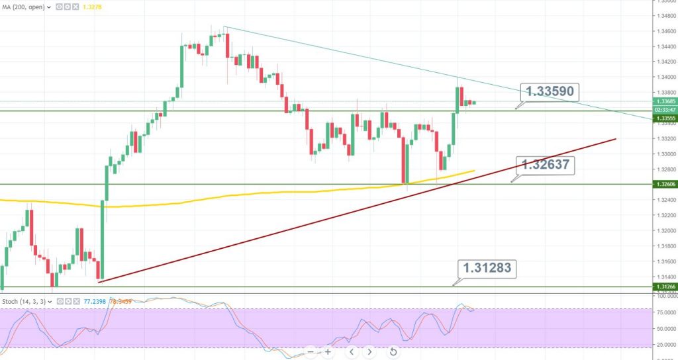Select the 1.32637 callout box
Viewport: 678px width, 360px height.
pyautogui.click(x=544, y=165)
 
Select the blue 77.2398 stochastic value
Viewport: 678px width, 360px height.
pyautogui.click(x=94, y=301)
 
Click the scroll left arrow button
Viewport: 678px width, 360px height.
pyautogui.click(x=352, y=351)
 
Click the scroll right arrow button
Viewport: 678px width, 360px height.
pyautogui.click(x=370, y=351)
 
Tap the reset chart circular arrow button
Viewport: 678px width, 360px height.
pyautogui.click(x=393, y=351)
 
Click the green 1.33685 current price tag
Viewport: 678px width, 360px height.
pyautogui.click(x=663, y=101)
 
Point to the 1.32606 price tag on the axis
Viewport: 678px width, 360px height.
pyautogui.click(x=663, y=184)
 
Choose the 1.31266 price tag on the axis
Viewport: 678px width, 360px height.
pyautogui.click(x=663, y=287)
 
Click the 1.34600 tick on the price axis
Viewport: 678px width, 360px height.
pyautogui.click(x=663, y=31)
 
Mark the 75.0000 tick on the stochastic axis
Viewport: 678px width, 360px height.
pyautogui.click(x=663, y=312)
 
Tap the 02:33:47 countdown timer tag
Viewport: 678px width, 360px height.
pyautogui.click(x=663, y=110)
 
